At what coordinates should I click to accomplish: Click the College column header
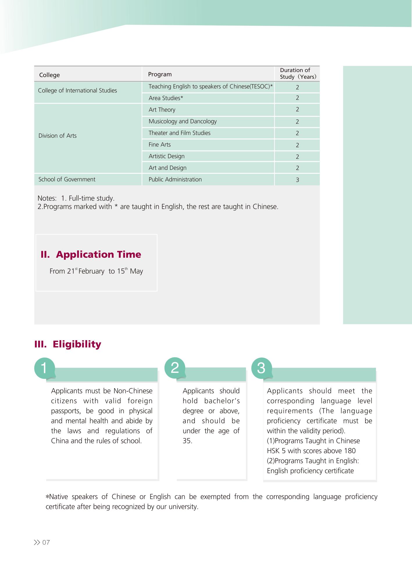[49, 75]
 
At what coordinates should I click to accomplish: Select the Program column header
[160, 74]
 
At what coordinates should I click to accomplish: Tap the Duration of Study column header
[297, 73]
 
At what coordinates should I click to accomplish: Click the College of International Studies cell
[77, 91]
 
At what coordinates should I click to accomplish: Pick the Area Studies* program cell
[166, 98]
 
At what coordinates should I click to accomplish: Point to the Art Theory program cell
[162, 110]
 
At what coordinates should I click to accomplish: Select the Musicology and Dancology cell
[183, 121]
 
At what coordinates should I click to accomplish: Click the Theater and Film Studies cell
[179, 133]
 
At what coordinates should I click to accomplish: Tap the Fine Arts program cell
[160, 145]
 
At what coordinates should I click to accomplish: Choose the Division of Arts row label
[58, 136]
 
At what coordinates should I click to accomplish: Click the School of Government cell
[67, 180]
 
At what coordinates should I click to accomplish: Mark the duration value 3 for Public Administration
[297, 180]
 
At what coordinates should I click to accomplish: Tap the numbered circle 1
[44, 368]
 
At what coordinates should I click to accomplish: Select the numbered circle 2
[175, 368]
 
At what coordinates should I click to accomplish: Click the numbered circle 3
[261, 368]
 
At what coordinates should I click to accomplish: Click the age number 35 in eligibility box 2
[187, 441]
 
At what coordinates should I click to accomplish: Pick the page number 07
[46, 542]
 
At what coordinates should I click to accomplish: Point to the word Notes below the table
[47, 198]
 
